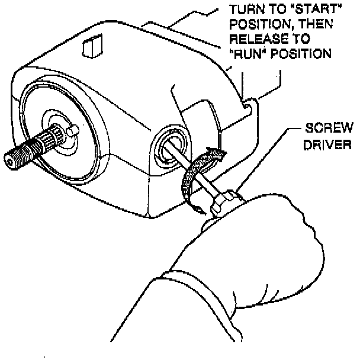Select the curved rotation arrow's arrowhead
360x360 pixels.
[220, 156]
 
